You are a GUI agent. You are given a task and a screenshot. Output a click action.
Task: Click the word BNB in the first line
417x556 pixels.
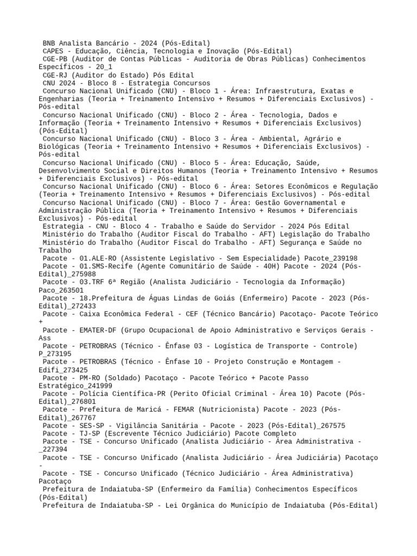click(x=49, y=43)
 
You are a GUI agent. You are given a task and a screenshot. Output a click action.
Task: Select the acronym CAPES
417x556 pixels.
click(x=54, y=51)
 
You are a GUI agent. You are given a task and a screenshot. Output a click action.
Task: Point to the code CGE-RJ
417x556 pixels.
click(x=56, y=75)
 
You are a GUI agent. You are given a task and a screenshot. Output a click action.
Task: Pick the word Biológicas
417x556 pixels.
click(x=60, y=147)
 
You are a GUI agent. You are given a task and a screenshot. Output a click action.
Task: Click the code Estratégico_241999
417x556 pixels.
click(x=75, y=386)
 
